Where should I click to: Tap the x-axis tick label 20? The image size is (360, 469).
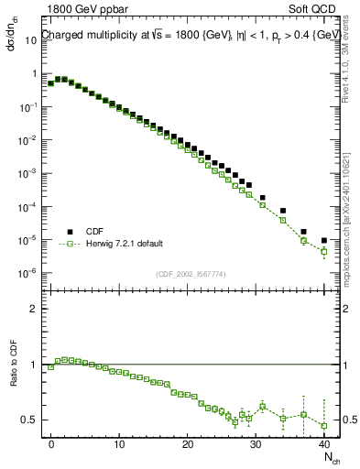187,443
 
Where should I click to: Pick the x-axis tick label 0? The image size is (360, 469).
51,443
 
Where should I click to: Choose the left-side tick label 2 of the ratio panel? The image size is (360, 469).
36,309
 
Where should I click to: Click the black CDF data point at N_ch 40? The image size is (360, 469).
323,241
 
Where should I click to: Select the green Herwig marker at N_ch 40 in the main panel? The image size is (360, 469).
323,252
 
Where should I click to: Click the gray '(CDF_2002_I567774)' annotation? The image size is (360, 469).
189,274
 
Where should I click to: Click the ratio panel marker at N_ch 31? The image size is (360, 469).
262,406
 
